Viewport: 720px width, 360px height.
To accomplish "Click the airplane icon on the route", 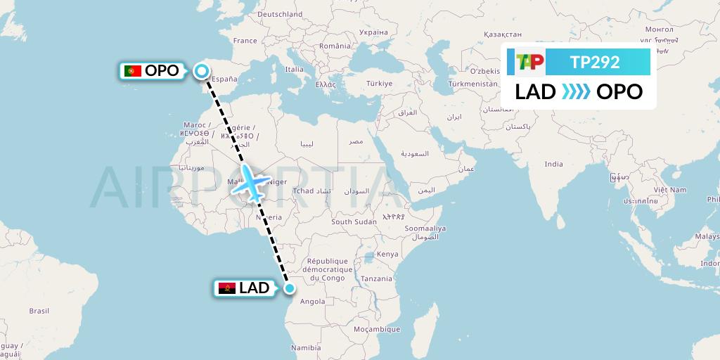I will click(251, 180).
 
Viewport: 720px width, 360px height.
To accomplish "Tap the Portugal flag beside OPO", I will click(131, 70).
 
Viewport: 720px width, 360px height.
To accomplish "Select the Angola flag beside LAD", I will click(226, 288).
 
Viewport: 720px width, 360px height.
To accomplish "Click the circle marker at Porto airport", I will click(202, 71).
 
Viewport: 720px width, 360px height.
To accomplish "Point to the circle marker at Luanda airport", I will click(289, 288).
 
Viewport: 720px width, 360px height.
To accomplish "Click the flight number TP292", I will click(595, 62).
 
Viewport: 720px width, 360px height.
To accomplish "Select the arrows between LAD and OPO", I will click(577, 91).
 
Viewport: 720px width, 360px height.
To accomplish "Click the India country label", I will click(553, 164).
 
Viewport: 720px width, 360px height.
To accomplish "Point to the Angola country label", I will click(312, 302).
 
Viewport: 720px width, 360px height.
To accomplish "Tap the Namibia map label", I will click(306, 347).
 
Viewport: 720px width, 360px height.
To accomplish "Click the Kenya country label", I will click(387, 254).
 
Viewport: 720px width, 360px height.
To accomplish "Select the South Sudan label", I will click(354, 221).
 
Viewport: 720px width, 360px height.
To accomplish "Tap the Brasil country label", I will click(39, 310).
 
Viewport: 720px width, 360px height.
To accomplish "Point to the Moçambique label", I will click(377, 329).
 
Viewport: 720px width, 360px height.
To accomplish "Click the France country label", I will click(245, 41).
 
